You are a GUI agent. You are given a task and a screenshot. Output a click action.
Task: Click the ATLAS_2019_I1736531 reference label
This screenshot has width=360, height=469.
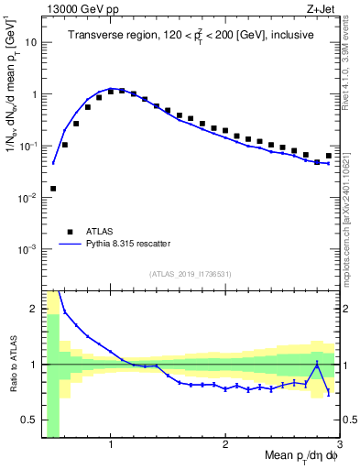click(x=191, y=274)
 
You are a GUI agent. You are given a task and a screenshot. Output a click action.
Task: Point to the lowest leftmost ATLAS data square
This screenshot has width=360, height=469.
click(x=53, y=189)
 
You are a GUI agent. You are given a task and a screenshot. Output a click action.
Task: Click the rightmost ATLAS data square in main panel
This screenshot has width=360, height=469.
click(x=329, y=155)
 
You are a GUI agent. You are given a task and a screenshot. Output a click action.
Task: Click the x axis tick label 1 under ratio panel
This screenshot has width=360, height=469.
click(x=111, y=444)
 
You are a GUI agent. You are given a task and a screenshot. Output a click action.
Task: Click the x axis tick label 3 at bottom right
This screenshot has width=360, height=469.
click(x=338, y=444)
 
